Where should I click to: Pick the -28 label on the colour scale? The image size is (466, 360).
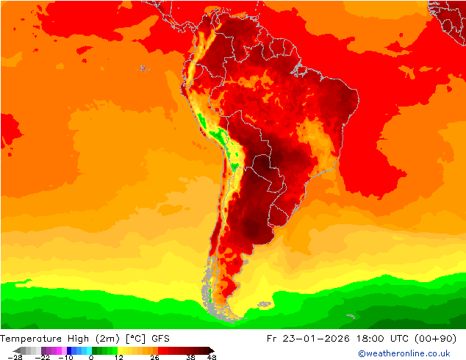(14, 357)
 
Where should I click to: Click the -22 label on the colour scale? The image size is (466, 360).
(43, 357)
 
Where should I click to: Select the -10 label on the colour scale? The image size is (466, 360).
(66, 357)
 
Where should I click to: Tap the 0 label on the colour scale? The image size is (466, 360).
(90, 357)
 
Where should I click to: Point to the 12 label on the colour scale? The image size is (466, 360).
(118, 357)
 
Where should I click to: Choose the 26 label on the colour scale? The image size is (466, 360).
(154, 357)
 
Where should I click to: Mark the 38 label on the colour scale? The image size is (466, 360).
(191, 357)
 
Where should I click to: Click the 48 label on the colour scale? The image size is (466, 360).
(212, 357)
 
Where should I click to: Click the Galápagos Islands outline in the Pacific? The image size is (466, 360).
(144, 68)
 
